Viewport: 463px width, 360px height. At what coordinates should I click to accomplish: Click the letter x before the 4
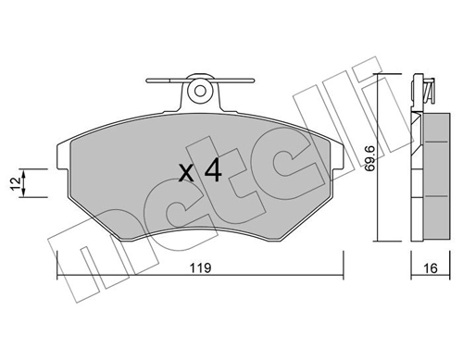pos(184,172)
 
